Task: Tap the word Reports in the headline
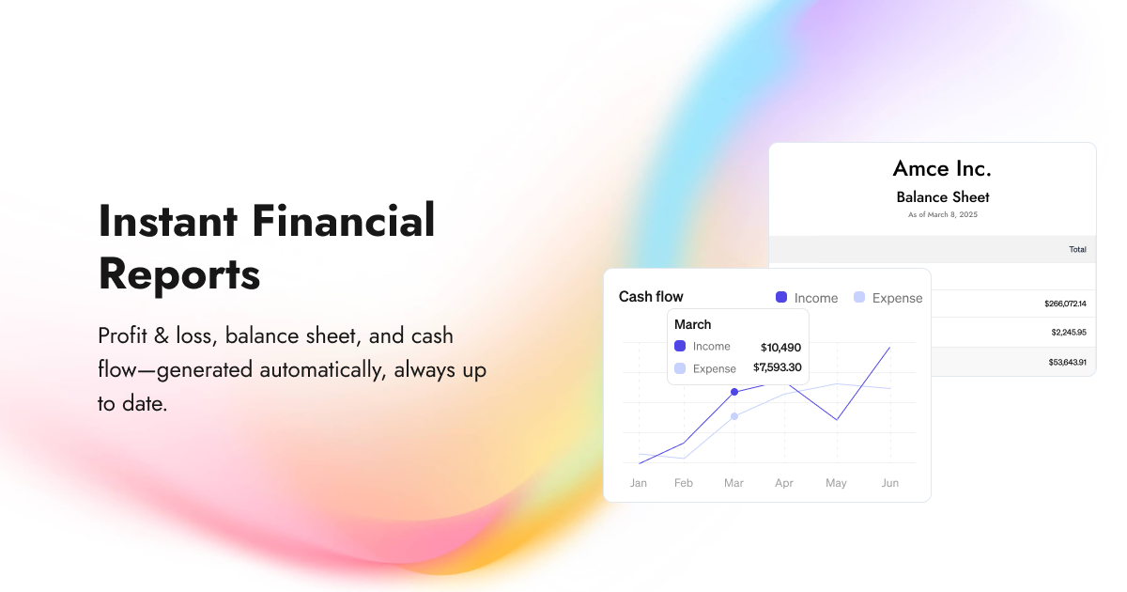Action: click(x=178, y=275)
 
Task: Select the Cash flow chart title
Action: click(x=651, y=297)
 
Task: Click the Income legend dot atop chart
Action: click(x=781, y=297)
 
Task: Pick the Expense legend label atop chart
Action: click(x=897, y=298)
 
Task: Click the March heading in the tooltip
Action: click(x=693, y=325)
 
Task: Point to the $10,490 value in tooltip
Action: click(x=780, y=347)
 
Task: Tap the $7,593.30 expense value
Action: click(x=777, y=367)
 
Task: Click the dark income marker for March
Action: click(x=734, y=392)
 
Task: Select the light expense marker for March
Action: click(x=734, y=416)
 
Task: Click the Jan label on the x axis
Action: click(x=639, y=483)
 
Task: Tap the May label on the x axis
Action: click(x=836, y=483)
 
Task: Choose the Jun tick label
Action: click(x=890, y=483)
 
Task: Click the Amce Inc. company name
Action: click(x=942, y=169)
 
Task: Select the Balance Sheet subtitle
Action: click(x=942, y=197)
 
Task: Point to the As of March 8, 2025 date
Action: click(x=942, y=215)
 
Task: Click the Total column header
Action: click(x=1077, y=249)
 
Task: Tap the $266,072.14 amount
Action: click(x=1064, y=304)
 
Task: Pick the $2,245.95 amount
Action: click(x=1068, y=332)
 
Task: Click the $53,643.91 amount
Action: click(x=1067, y=362)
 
